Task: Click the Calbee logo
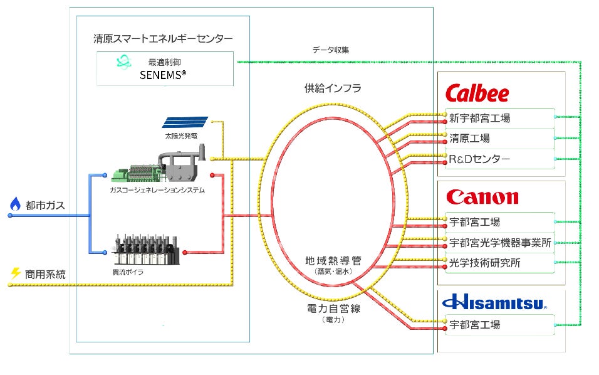point(477,94)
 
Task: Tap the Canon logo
point(482,198)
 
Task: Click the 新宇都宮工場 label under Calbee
point(479,117)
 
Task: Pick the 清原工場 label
point(469,138)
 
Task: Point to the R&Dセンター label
point(479,159)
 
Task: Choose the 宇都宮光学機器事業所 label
point(500,243)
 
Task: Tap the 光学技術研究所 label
point(484,263)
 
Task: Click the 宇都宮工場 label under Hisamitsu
point(474,325)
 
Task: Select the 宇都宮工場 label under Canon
point(474,222)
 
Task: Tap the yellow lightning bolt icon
point(16,273)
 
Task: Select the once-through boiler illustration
point(148,251)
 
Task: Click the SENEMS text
point(162,75)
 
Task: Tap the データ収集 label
point(330,50)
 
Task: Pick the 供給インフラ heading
point(333,88)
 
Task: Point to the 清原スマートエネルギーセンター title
point(162,39)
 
